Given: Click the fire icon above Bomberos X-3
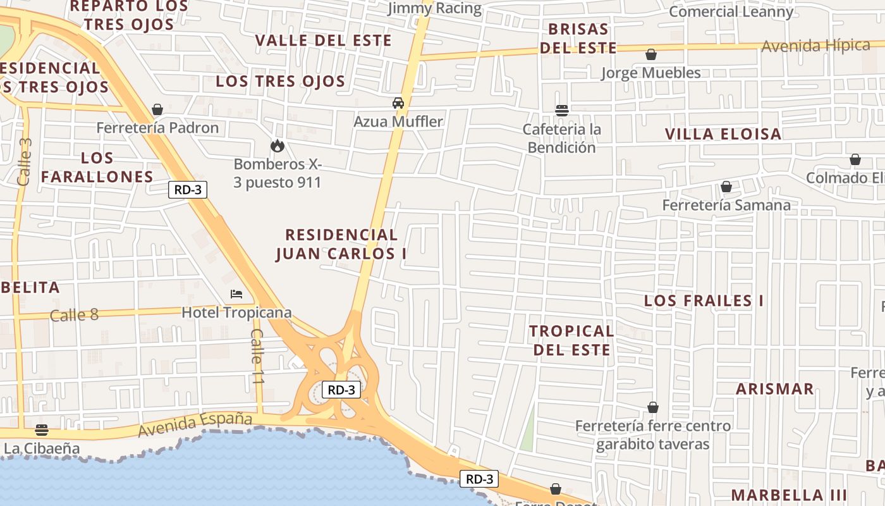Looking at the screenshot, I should pyautogui.click(x=277, y=146).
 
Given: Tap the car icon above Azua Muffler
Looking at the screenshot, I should pyautogui.click(x=398, y=103).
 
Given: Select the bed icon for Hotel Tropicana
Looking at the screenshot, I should pyautogui.click(x=236, y=294).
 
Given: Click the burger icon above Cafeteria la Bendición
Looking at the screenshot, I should pyautogui.click(x=561, y=111).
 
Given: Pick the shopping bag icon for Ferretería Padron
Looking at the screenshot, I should pyautogui.click(x=157, y=110).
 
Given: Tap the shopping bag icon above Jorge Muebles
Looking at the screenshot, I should pyautogui.click(x=650, y=55).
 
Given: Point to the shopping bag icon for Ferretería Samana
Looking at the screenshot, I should pyautogui.click(x=726, y=187).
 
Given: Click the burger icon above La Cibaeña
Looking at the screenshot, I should pyautogui.click(x=42, y=431).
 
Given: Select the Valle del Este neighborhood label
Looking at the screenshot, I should pyautogui.click(x=323, y=40).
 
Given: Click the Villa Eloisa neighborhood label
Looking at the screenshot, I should pyautogui.click(x=723, y=134).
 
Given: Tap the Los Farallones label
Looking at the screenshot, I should pyautogui.click(x=97, y=167).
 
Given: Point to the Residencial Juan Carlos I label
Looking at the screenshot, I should pyautogui.click(x=341, y=244).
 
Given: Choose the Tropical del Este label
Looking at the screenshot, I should pyautogui.click(x=571, y=340).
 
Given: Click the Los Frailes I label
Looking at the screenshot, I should pyautogui.click(x=704, y=301).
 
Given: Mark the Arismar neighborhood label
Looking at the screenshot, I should pyautogui.click(x=774, y=389).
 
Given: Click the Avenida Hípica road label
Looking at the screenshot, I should pyautogui.click(x=815, y=46).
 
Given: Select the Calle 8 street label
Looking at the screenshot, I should pyautogui.click(x=74, y=314).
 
